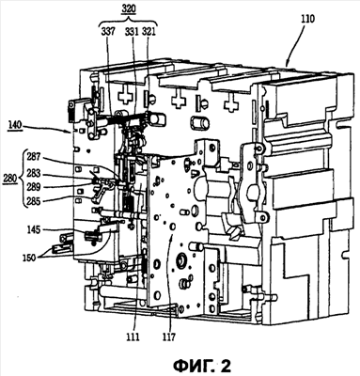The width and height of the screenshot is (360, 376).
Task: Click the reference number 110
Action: pos(306,20)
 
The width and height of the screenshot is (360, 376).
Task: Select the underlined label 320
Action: pos(129,8)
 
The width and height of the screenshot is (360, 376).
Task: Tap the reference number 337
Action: pos(108,32)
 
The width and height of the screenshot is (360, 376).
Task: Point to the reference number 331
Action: pos(132,32)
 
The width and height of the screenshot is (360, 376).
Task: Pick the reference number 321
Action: pos(149,32)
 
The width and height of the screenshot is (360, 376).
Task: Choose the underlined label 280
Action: pos(9,179)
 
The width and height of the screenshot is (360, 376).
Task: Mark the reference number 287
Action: pos(33,156)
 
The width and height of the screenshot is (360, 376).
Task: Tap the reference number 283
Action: pos(33,173)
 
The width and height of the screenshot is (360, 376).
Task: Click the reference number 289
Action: pos(33,187)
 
